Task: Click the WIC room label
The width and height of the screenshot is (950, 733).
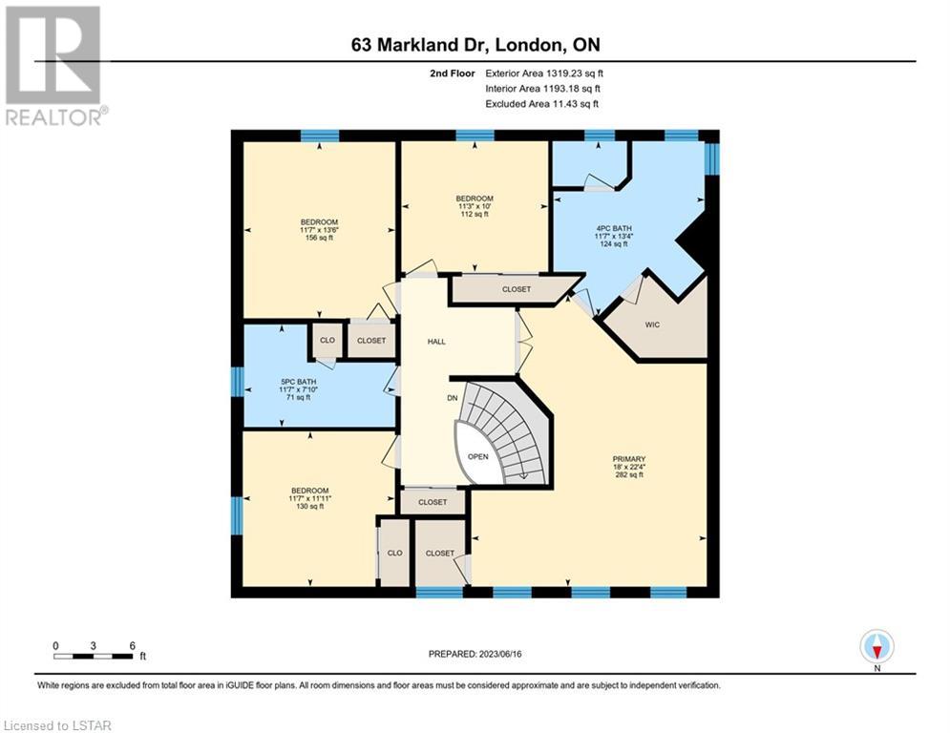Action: pyautogui.click(x=652, y=325)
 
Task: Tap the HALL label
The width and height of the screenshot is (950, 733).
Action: pyautogui.click(x=436, y=342)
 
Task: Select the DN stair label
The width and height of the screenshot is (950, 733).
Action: pyautogui.click(x=452, y=398)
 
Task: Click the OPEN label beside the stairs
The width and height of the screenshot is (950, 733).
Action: pyautogui.click(x=478, y=457)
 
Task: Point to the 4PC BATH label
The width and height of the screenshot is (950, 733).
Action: pyautogui.click(x=614, y=228)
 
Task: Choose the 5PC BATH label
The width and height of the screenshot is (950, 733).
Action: pyautogui.click(x=299, y=383)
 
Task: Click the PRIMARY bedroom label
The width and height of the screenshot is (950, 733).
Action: pyautogui.click(x=629, y=459)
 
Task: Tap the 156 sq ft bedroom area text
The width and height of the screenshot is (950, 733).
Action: pyautogui.click(x=319, y=238)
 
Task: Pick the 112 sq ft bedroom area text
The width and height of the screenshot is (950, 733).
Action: pyautogui.click(x=475, y=214)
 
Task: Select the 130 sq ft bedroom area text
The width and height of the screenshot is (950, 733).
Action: pyautogui.click(x=309, y=507)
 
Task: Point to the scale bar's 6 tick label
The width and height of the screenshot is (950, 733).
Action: pyautogui.click(x=132, y=646)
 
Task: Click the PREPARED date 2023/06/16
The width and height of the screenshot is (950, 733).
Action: pyautogui.click(x=499, y=654)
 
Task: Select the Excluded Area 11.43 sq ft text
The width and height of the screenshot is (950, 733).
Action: pyautogui.click(x=541, y=104)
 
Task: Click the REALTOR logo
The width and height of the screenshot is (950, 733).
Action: pyautogui.click(x=55, y=66)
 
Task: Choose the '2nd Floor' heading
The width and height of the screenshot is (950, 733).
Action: pyautogui.click(x=453, y=73)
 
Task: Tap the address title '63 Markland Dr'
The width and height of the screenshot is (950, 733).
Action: pyautogui.click(x=421, y=45)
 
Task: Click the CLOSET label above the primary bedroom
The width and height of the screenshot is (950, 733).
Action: pyautogui.click(x=517, y=289)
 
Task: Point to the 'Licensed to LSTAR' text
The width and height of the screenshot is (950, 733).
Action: pyautogui.click(x=57, y=725)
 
